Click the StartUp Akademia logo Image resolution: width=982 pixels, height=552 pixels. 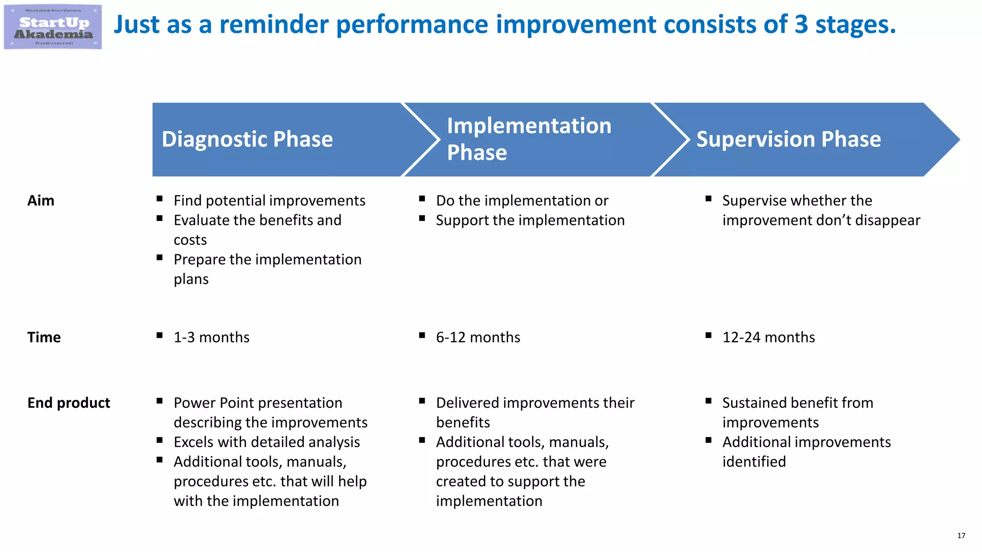pos(53,27)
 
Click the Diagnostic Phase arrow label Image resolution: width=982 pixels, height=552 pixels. pos(247,139)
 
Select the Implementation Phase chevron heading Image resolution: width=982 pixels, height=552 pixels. pos(529,139)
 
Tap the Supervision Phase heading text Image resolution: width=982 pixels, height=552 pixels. pos(788,139)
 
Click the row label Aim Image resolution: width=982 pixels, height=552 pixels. pos(41,200)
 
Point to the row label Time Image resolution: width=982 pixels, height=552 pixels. pos(44,337)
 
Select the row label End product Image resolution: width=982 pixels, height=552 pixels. pos(69,403)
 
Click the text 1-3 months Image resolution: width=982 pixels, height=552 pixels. pos(211,337)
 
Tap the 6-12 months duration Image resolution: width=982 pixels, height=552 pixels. pos(478,337)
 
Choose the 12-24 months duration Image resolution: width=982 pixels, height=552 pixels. pos(768,337)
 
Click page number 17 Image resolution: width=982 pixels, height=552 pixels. pos(961,536)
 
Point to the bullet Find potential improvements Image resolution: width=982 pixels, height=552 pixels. pos(269,200)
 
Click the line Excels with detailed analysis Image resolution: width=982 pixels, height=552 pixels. pos(267,442)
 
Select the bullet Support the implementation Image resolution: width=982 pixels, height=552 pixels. pos(530,220)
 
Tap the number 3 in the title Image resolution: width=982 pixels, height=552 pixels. pos(801,24)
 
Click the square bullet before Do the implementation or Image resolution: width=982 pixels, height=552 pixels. pos(422,198)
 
